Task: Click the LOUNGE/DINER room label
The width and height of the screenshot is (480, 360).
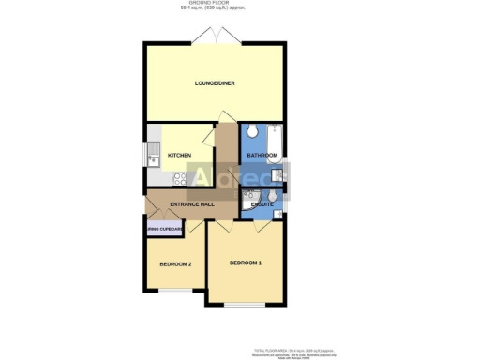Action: click(215, 83)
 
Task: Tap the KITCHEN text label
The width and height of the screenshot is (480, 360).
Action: click(179, 155)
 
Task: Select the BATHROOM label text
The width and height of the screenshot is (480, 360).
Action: click(262, 155)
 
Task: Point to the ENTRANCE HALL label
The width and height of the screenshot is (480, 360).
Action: click(192, 203)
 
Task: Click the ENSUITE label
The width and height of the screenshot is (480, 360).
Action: click(262, 203)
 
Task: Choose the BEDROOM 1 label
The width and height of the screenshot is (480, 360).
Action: click(245, 263)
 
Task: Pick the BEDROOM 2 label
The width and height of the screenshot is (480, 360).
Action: click(175, 264)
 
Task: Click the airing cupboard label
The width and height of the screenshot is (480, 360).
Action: click(164, 228)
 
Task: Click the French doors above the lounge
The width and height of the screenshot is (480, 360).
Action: click(215, 37)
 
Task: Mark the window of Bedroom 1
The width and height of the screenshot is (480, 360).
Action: click(246, 304)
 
